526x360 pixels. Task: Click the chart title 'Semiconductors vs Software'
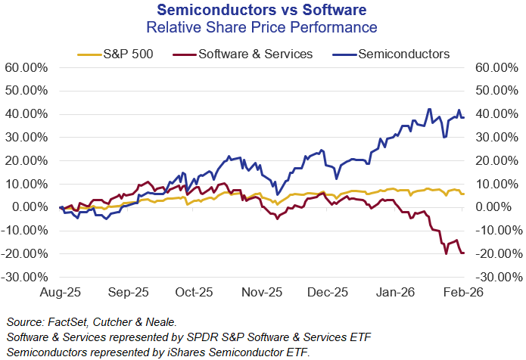262,10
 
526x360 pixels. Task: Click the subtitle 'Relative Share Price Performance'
262,28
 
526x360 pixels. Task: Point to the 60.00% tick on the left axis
27,67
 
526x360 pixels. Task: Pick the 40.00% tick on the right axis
496,114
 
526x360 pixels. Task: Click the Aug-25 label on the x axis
61,291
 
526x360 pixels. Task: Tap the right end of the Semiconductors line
463,116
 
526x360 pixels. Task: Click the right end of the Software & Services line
463,253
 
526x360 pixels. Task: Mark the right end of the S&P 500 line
463,194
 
